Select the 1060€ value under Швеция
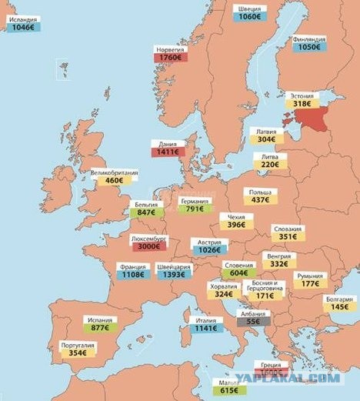[x=253, y=17]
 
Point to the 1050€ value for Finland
[x=309, y=47]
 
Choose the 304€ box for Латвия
[x=265, y=140]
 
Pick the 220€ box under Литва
[x=269, y=165]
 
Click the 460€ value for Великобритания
[x=114, y=182]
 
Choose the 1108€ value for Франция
[x=133, y=275]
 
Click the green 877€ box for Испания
[x=101, y=326]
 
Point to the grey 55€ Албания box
[x=253, y=321]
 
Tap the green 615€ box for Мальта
[x=227, y=391]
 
